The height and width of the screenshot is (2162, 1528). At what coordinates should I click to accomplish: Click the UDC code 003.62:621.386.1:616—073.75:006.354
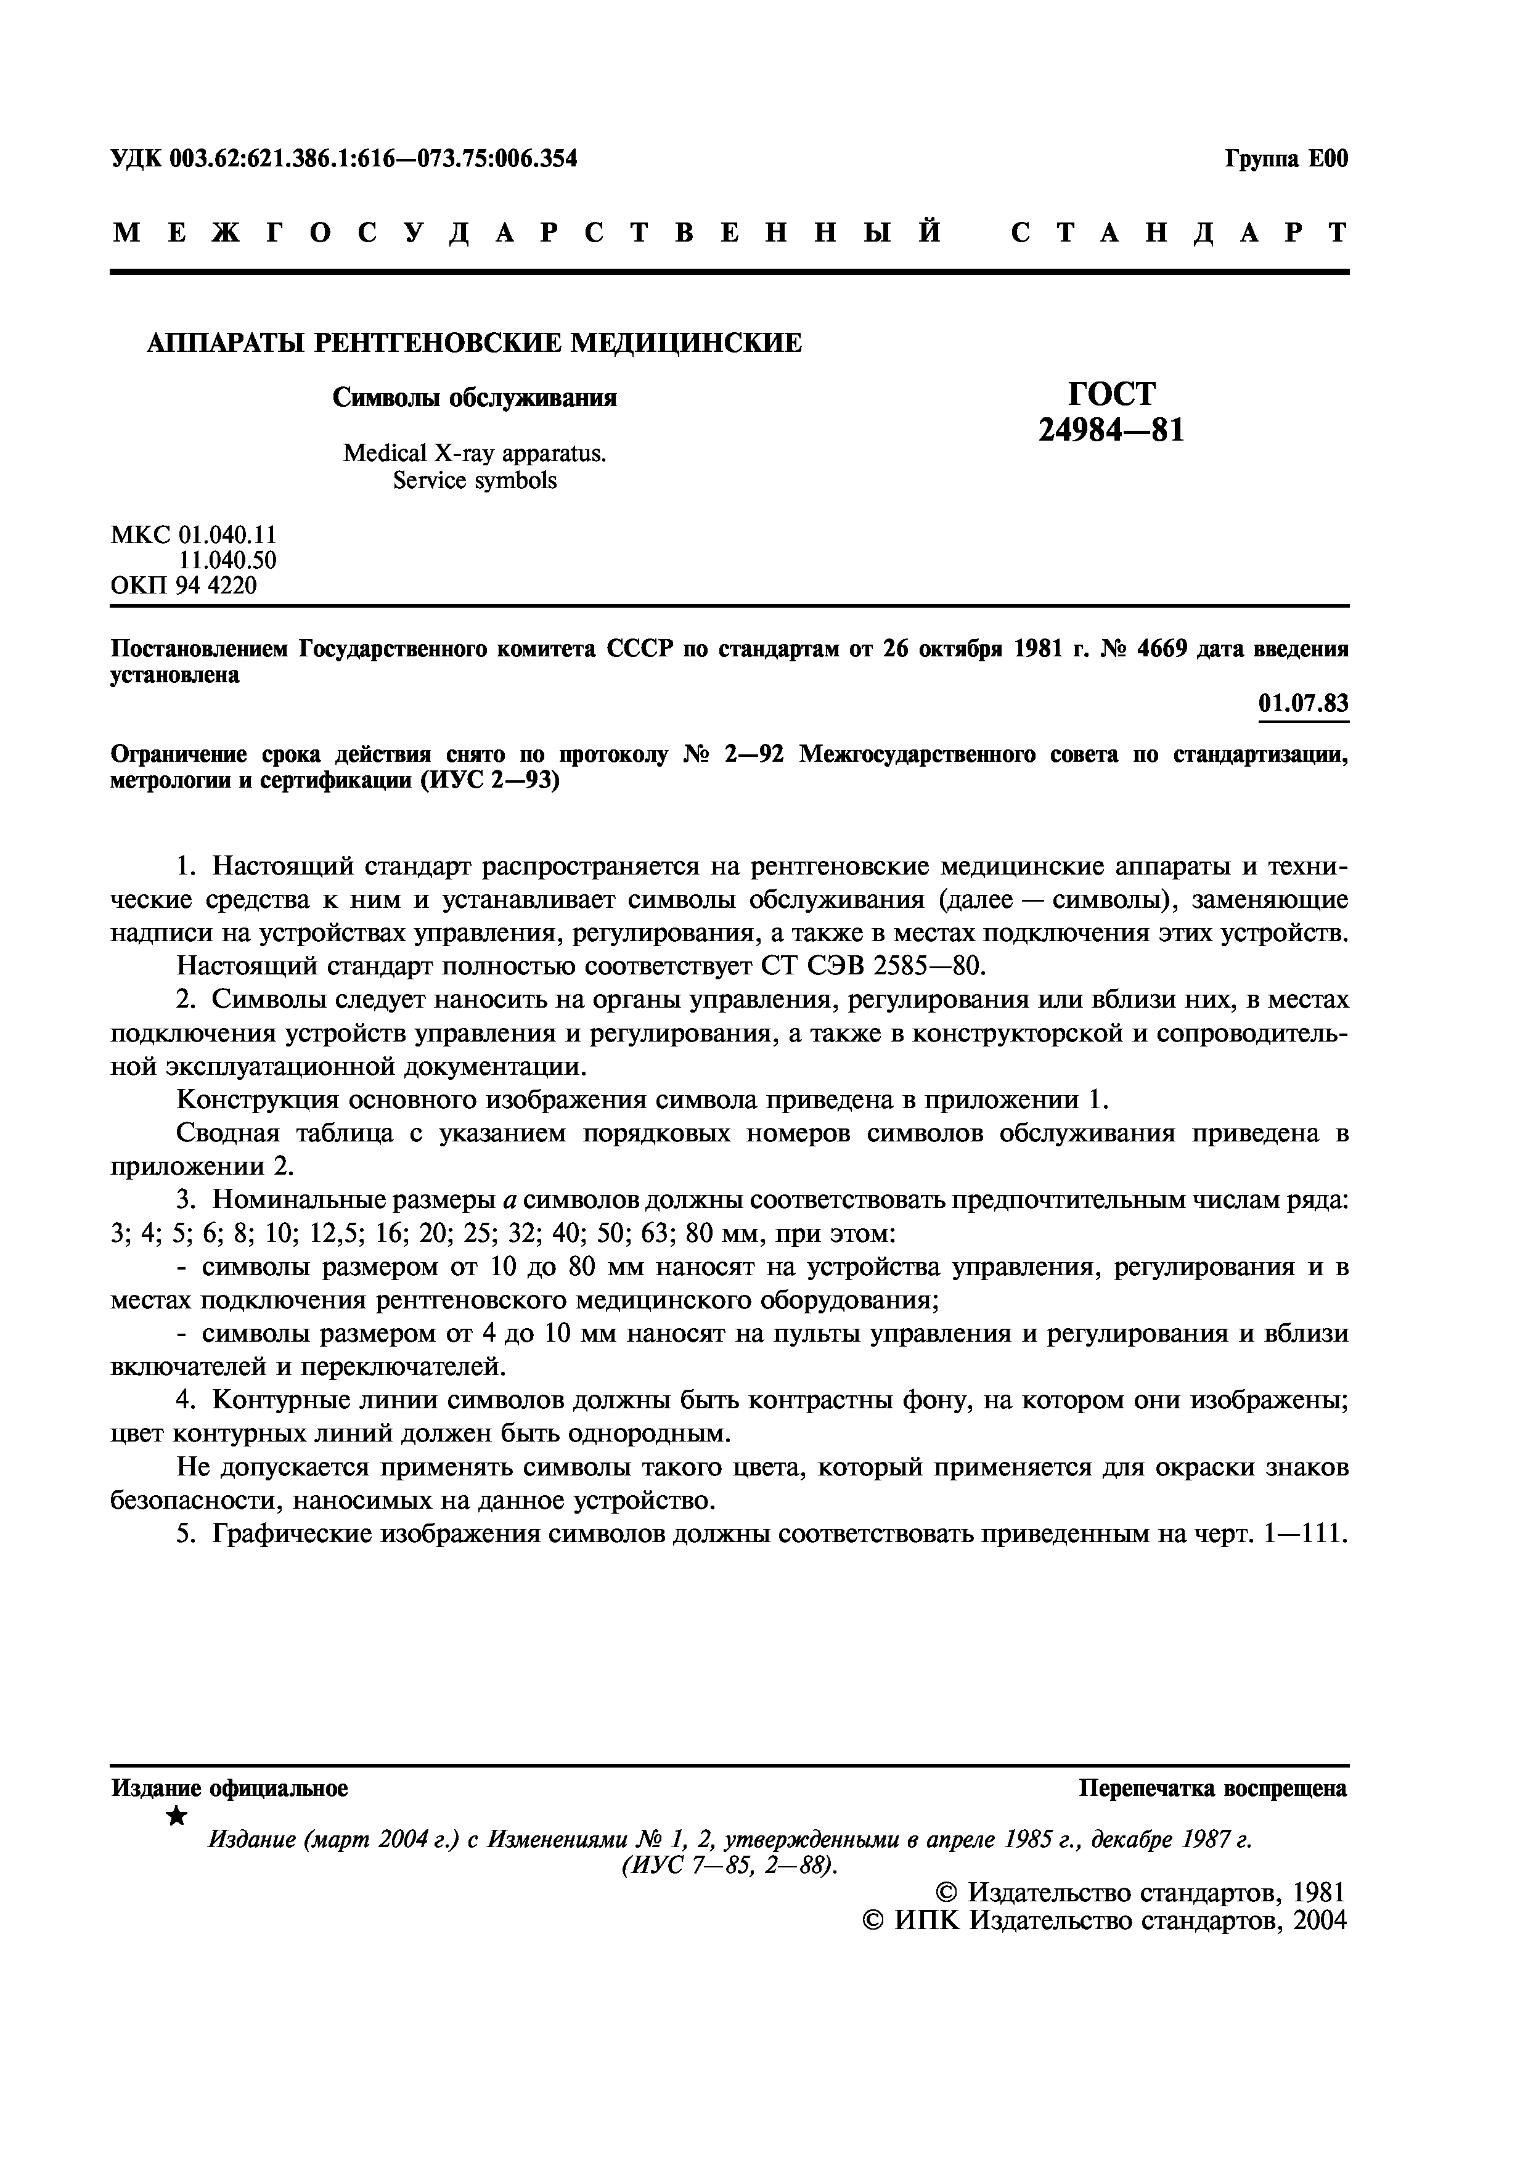point(374,159)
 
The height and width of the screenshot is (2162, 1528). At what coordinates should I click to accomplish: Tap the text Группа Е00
point(1286,159)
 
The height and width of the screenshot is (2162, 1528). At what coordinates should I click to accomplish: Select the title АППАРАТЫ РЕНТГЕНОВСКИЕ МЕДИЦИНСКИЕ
point(475,343)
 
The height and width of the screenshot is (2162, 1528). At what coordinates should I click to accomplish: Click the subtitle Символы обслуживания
point(475,398)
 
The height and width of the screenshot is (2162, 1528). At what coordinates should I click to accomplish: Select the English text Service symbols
point(475,481)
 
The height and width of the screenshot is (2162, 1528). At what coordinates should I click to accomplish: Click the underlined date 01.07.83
point(1303,703)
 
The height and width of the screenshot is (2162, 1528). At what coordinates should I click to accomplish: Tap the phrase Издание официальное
point(230,1788)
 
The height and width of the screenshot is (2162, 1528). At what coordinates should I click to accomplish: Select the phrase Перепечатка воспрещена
point(1212,1788)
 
